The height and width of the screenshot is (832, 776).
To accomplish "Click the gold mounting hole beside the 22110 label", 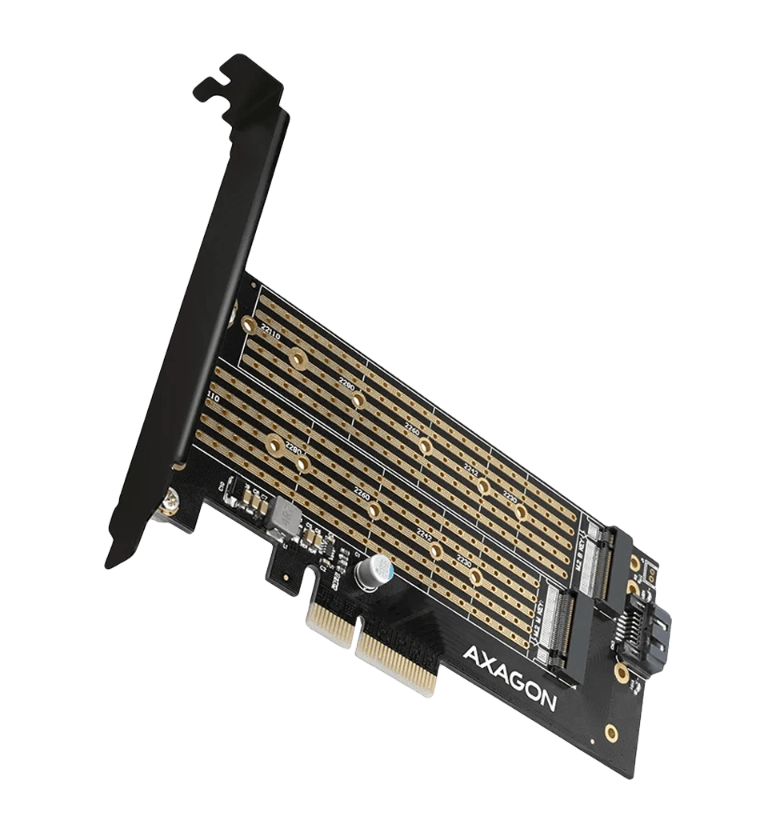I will coord(249,325).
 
